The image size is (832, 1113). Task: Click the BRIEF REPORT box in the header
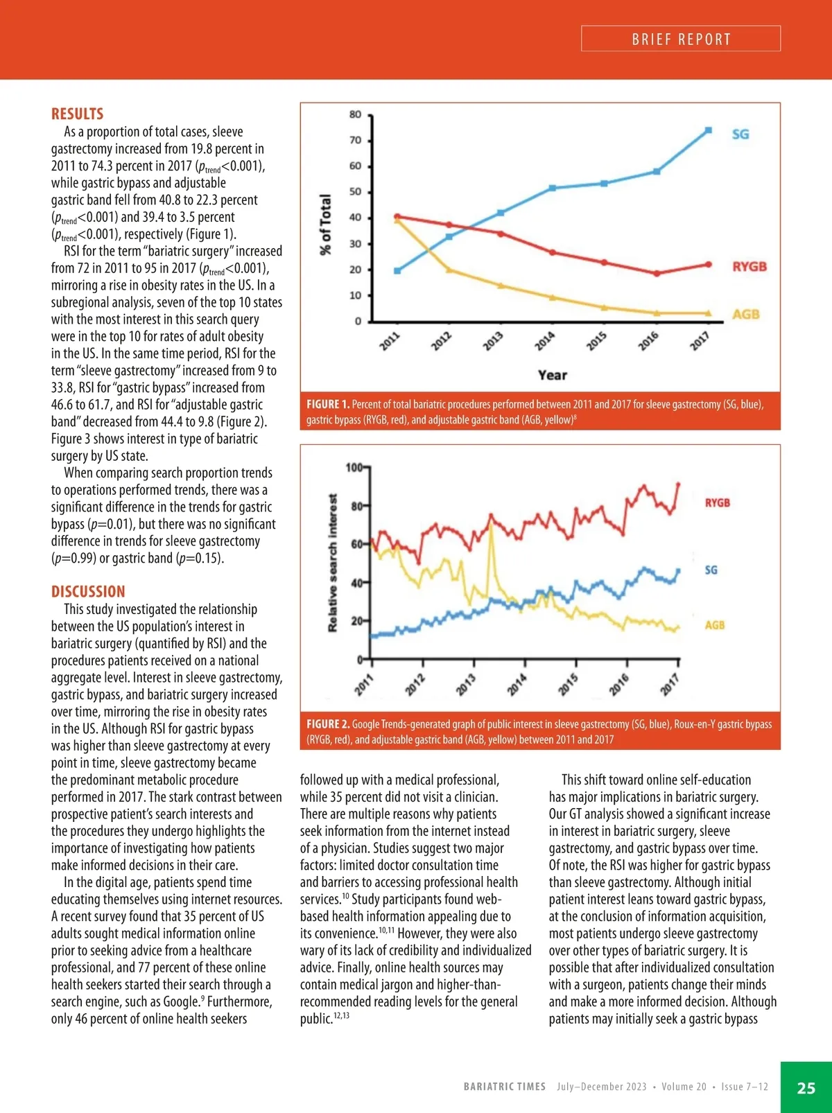coord(681,39)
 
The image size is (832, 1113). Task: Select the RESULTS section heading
coord(77,114)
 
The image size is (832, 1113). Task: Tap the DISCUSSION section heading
coord(88,591)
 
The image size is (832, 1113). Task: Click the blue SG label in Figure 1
coord(740,134)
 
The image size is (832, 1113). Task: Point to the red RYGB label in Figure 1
coord(749,267)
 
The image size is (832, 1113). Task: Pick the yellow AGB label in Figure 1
coord(746,315)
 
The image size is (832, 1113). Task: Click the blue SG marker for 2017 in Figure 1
coord(708,130)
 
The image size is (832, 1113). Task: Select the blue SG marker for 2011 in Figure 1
coord(397,271)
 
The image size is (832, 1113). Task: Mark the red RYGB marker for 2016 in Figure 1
coord(657,274)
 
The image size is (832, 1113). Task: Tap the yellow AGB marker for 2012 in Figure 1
coord(449,270)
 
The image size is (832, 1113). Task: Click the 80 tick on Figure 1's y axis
coord(356,114)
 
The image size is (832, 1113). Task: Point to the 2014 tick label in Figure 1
coord(545,340)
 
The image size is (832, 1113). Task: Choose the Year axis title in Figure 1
coord(553,375)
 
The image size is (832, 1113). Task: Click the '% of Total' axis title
coord(325,225)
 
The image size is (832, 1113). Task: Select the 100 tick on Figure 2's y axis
coord(354,468)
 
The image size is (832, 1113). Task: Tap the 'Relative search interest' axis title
coord(333,563)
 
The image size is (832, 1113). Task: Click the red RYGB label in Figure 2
coord(717,503)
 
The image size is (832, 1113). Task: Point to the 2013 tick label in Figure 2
coord(466,685)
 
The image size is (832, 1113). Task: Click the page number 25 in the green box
coord(806,1088)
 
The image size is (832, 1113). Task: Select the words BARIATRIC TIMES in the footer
coord(505,1087)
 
